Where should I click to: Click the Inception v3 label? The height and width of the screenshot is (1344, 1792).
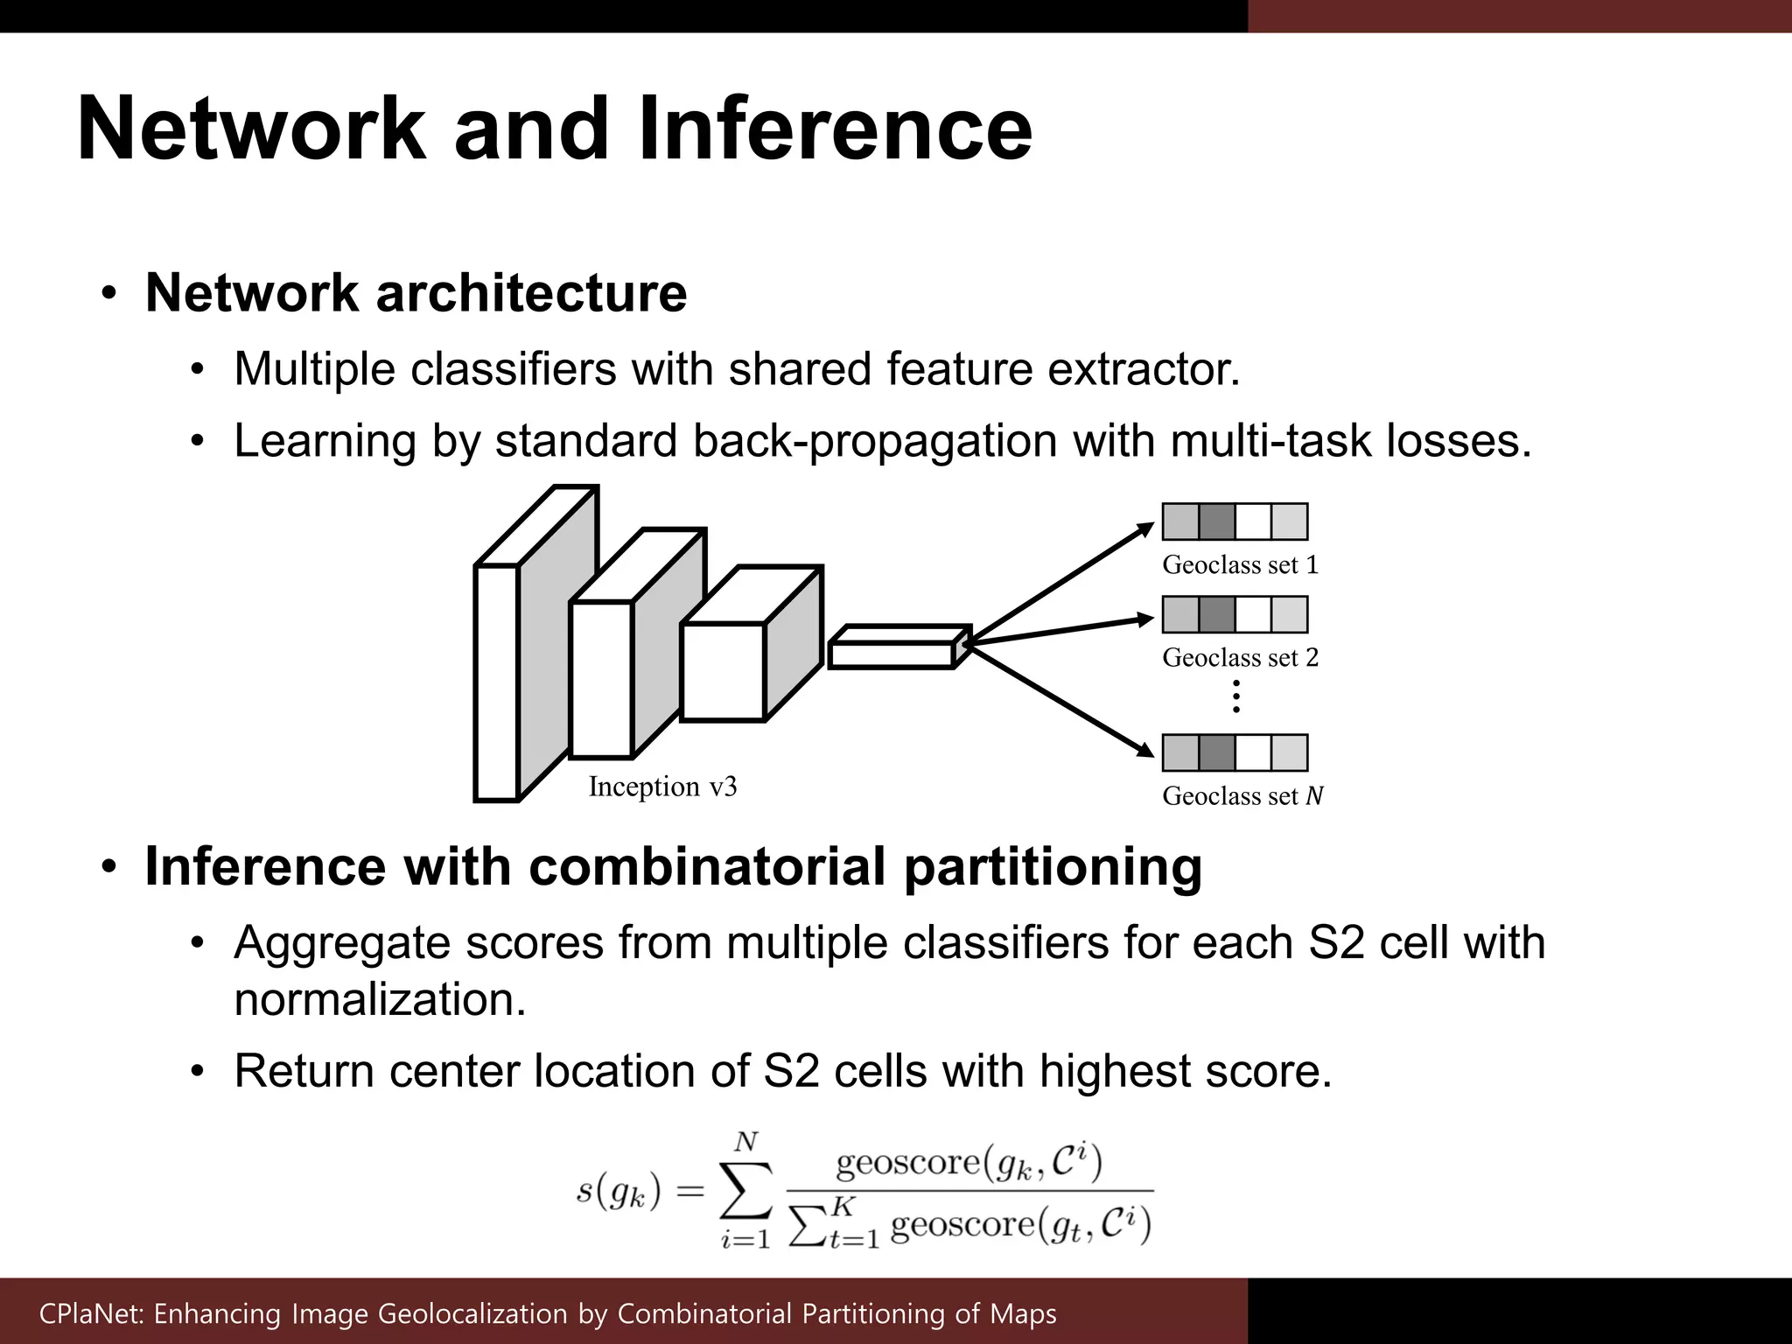tap(662, 787)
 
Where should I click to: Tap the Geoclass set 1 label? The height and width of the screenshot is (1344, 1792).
tap(1240, 565)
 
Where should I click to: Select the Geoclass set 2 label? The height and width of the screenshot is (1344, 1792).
tap(1240, 658)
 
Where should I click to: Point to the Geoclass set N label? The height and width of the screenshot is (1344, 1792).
tap(1242, 796)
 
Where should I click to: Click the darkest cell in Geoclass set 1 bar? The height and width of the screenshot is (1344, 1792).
tap(1216, 521)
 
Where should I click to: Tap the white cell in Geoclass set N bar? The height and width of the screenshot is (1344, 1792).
tap(1253, 752)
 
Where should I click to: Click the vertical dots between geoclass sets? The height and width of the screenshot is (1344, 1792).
tap(1235, 696)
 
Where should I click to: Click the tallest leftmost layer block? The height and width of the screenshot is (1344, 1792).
tap(497, 682)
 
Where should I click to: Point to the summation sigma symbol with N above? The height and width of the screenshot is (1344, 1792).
tap(745, 1189)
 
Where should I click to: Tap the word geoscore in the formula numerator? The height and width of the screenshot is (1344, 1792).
tap(908, 1163)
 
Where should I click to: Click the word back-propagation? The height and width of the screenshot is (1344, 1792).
tap(874, 441)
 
